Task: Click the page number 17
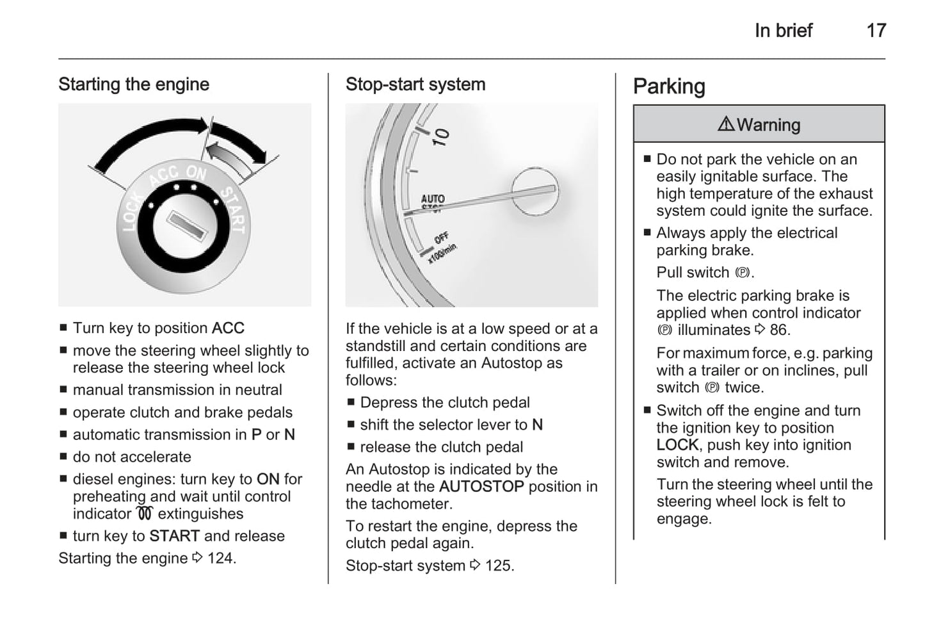pyautogui.click(x=876, y=30)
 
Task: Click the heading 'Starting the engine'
pyautogui.click(x=134, y=85)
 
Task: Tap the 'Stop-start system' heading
pyautogui.click(x=415, y=85)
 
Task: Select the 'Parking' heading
pyautogui.click(x=669, y=86)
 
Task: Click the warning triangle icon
pyautogui.click(x=726, y=124)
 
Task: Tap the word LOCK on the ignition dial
pyautogui.click(x=132, y=211)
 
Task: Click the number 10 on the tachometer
pyautogui.click(x=441, y=136)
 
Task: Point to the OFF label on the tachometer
pyautogui.click(x=442, y=238)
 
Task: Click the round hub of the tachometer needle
pyautogui.click(x=535, y=191)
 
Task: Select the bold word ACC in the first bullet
pyautogui.click(x=228, y=329)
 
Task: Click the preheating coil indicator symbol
pyautogui.click(x=145, y=514)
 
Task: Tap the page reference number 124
pyautogui.click(x=220, y=558)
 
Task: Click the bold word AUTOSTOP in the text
pyautogui.click(x=481, y=487)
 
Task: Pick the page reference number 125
pyautogui.click(x=499, y=566)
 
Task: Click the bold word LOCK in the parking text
pyautogui.click(x=677, y=445)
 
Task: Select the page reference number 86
pyautogui.click(x=779, y=330)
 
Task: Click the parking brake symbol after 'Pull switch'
pyautogui.click(x=742, y=273)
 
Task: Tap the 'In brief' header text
pyautogui.click(x=783, y=30)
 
